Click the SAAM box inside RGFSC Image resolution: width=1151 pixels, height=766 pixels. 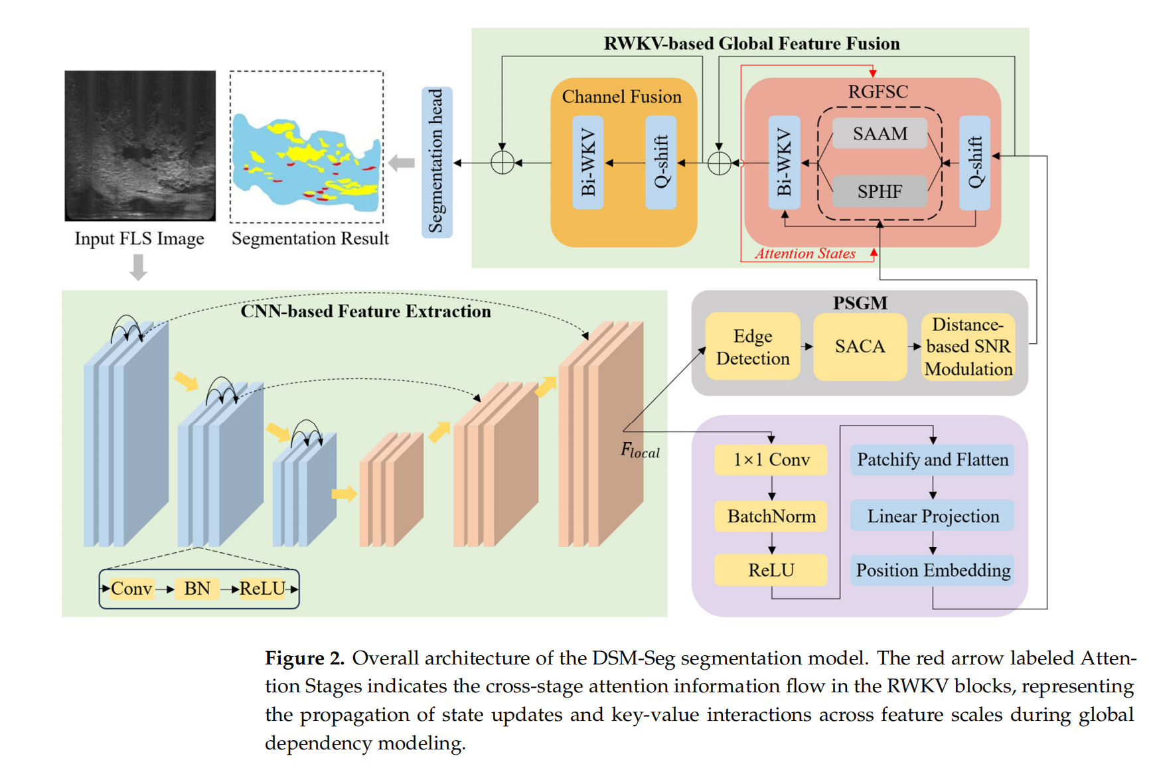tap(880, 133)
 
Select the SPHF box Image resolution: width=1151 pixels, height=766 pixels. tap(880, 191)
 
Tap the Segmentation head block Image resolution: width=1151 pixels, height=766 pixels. tap(437, 163)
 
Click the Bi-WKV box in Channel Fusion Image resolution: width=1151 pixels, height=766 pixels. tap(588, 163)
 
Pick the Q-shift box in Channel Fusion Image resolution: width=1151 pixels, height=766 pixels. tap(661, 163)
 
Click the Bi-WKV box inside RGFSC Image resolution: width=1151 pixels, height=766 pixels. tap(784, 163)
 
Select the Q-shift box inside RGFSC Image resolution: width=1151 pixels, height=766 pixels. tap(974, 163)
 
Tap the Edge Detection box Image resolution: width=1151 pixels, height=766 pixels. tap(753, 346)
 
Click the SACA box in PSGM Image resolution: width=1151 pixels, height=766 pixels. tap(860, 346)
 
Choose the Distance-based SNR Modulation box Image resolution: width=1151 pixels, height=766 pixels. tap(968, 346)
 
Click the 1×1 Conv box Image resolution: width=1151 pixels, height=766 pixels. tap(771, 459)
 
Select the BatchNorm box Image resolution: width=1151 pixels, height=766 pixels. tap(771, 516)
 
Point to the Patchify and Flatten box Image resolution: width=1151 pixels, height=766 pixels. tap(932, 459)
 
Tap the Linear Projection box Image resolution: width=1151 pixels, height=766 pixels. tap(932, 516)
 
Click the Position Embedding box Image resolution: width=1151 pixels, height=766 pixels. tap(932, 570)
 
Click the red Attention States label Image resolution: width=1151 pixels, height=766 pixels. tap(805, 254)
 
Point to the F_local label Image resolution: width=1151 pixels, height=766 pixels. tap(639, 451)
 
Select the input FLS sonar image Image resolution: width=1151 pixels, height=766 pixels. tap(140, 145)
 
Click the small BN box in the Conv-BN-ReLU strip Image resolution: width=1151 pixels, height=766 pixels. tap(197, 589)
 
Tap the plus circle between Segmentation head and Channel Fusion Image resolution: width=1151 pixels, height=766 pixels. tap(502, 163)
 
